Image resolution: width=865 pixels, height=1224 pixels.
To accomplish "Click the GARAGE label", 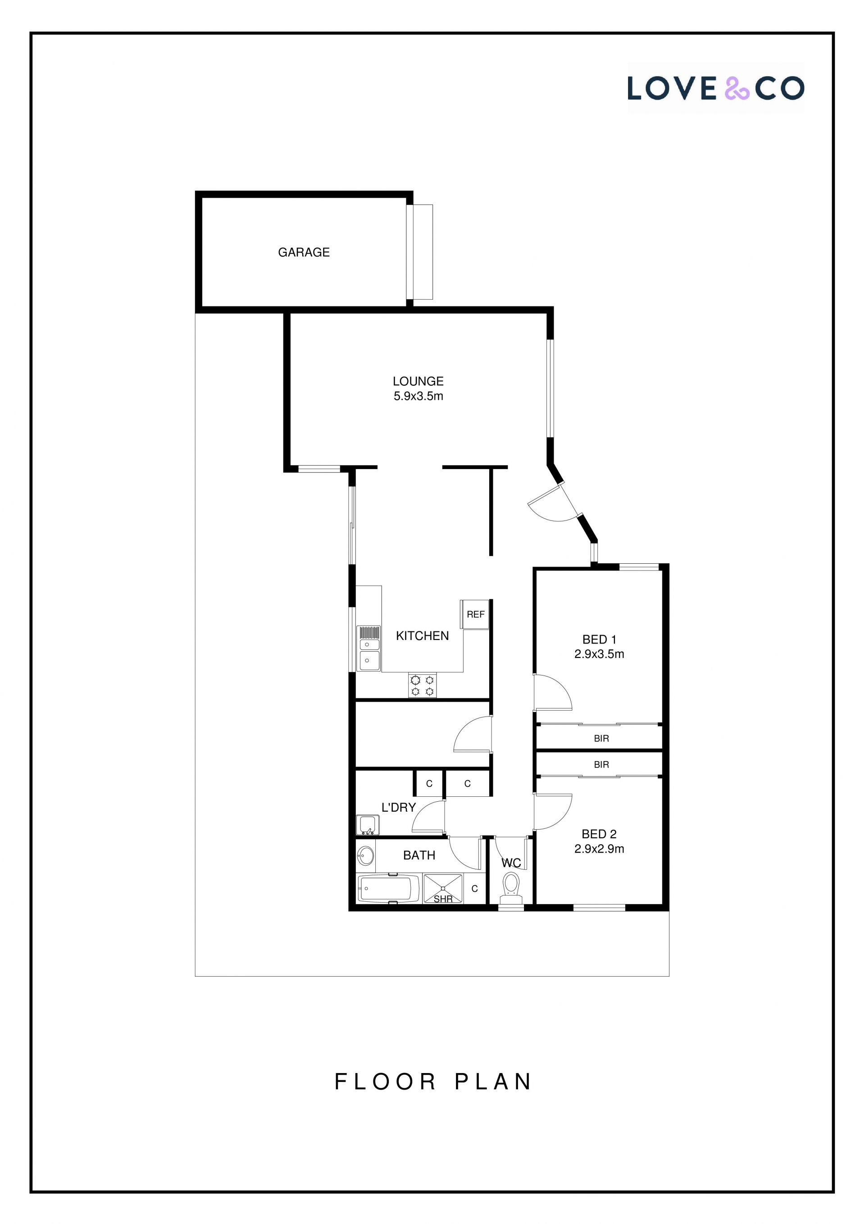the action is tap(304, 252).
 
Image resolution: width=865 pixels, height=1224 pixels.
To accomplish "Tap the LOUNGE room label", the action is tap(419, 381).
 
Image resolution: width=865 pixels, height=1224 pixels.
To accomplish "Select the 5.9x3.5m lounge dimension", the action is tap(419, 396).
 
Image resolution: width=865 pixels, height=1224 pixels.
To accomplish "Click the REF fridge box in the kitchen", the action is tap(475, 614).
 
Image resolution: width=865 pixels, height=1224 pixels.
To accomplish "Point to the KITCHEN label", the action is tap(422, 635).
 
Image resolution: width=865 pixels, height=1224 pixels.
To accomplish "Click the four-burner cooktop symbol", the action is tap(422, 685).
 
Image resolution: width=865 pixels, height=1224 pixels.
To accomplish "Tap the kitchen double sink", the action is tap(369, 648).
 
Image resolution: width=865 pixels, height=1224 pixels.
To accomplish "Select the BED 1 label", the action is tap(599, 639).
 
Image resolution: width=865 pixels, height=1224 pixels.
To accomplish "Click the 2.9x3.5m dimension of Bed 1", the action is tap(599, 654).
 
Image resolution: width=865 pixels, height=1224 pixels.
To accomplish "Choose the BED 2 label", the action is tap(599, 834).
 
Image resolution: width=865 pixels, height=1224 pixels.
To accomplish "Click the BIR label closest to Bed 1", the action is tap(601, 738).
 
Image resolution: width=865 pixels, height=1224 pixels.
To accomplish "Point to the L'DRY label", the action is tap(398, 807).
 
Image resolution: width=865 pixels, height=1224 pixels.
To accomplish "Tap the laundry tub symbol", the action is tap(367, 825).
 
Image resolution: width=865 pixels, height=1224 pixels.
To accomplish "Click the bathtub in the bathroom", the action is tap(385, 889).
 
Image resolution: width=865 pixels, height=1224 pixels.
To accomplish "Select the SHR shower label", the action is tap(443, 899).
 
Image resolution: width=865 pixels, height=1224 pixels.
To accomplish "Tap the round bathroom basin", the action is tap(366, 856).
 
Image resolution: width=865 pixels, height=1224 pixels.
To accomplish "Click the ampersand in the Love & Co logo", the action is tap(737, 88).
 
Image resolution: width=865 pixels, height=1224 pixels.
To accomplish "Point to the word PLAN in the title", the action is tap(493, 1082).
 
